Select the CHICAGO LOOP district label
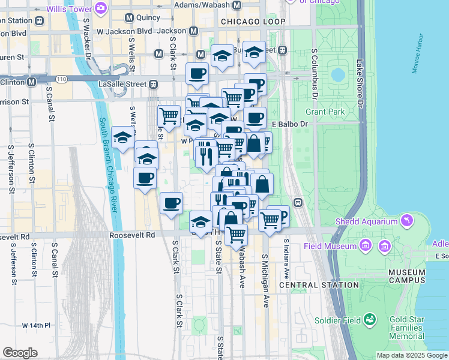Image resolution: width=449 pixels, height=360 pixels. click(253, 22)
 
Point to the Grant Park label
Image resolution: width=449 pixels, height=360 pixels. click(325, 112)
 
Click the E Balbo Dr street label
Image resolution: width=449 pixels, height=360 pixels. click(289, 124)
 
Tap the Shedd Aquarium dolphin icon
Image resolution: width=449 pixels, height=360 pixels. click(408, 221)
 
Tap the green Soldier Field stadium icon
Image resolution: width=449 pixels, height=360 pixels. click(370, 319)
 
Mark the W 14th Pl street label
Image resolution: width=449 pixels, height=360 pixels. click(37, 326)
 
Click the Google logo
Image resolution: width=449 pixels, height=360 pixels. click(20, 353)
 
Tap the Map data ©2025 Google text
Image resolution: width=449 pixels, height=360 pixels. click(411, 355)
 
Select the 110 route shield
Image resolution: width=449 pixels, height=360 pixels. click(62, 79)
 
